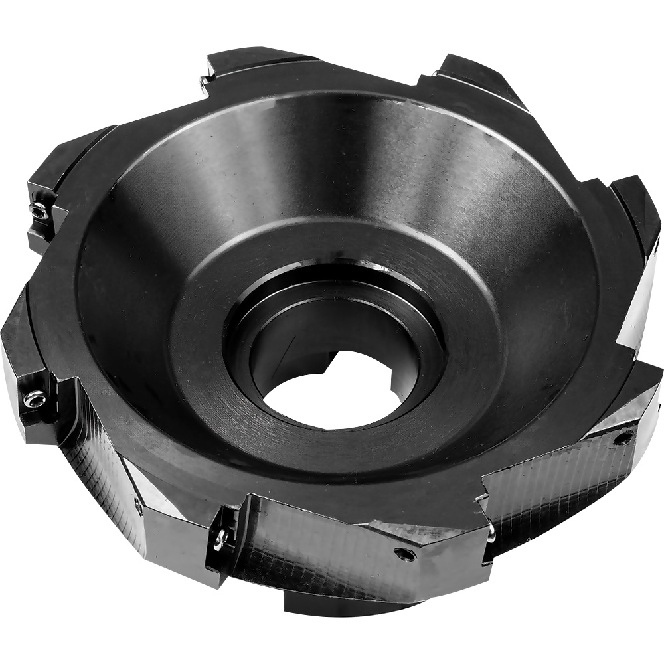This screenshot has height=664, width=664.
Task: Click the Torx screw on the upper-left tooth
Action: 38,212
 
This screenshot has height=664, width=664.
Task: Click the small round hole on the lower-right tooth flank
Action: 622,438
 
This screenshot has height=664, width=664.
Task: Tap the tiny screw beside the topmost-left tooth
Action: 204,82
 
